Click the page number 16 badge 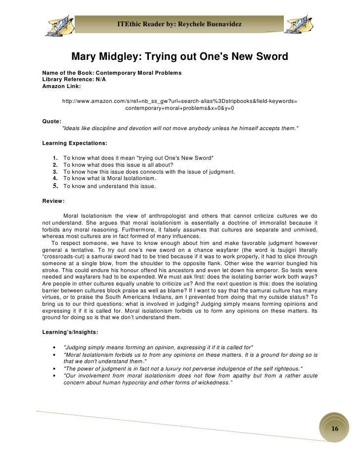click(335, 428)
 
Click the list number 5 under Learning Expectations click(55, 186)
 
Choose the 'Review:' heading click(53, 201)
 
